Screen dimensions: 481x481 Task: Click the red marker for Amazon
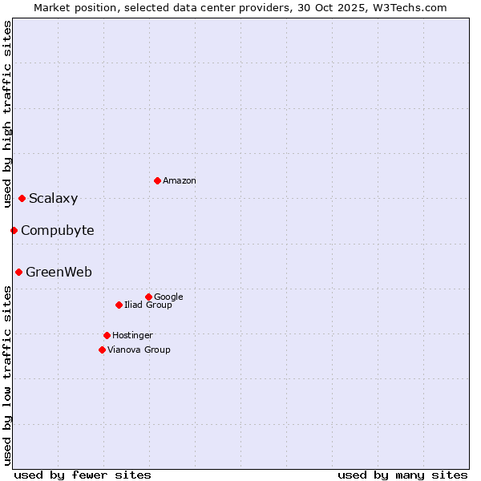(x=157, y=180)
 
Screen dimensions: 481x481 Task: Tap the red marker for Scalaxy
(x=22, y=198)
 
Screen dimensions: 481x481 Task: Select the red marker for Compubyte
(x=14, y=230)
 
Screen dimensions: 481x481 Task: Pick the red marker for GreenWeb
(x=18, y=272)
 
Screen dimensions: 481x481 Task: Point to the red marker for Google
(x=148, y=297)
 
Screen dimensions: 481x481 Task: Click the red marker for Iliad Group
(x=119, y=305)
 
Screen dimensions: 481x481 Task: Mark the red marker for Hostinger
(x=107, y=335)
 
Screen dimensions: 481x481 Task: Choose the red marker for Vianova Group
(x=102, y=350)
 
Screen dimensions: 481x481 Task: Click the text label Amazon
(x=180, y=181)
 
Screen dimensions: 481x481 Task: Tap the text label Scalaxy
(x=54, y=199)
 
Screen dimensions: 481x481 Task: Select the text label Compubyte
(x=58, y=231)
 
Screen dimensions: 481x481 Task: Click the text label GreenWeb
(x=59, y=273)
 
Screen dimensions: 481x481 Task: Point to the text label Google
(x=169, y=297)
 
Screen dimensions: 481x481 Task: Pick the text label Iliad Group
(x=148, y=305)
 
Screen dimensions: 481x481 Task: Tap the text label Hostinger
(x=133, y=336)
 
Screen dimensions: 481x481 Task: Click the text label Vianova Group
(x=139, y=350)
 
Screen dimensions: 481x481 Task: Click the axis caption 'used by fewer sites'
(x=83, y=475)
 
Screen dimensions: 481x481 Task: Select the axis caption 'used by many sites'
(x=402, y=475)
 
